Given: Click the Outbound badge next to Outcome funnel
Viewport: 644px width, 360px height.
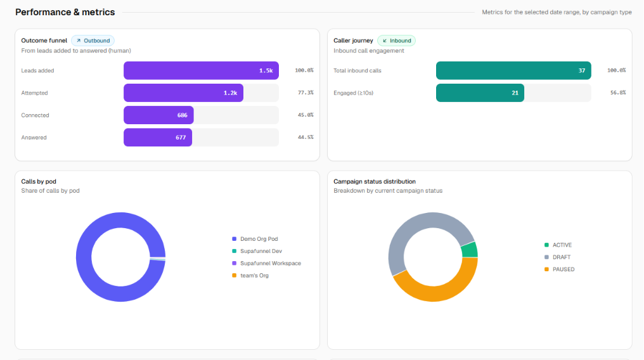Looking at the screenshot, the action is coord(93,41).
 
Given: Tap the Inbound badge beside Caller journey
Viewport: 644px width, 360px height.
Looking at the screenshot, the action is coord(396,41).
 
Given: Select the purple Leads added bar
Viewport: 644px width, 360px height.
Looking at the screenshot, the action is coord(202,70).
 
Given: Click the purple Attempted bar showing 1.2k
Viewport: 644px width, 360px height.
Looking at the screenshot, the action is coord(183,93).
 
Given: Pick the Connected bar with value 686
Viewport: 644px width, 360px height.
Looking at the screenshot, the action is coord(158,115).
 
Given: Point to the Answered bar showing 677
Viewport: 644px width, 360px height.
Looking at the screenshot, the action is coord(158,138).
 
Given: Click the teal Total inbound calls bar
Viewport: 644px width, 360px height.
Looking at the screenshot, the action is coord(513,70).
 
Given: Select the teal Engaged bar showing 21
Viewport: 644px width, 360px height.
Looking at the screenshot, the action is coord(480,93).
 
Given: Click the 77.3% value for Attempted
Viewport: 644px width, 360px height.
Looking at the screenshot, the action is coord(306,93).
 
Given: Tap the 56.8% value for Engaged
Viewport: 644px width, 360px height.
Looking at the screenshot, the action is coord(618,93).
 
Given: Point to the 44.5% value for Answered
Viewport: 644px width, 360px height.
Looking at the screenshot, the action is coord(306,138).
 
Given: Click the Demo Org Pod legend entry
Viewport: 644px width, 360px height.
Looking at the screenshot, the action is coord(255,239).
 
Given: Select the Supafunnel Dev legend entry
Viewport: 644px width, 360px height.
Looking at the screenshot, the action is coord(257,251).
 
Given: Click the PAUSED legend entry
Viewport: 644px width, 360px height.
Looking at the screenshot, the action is coord(560,269).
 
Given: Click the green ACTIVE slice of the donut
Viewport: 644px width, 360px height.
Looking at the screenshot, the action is coord(470,250).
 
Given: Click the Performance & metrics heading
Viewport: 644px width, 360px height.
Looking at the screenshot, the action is coord(65,12).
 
